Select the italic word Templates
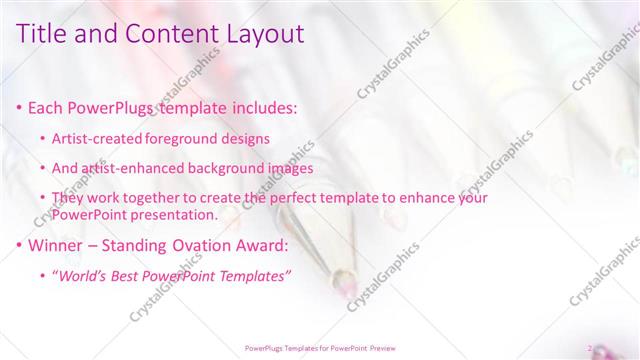click(x=255, y=276)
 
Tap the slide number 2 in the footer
click(x=590, y=348)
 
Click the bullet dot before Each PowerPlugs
click(x=21, y=106)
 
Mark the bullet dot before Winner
click(x=21, y=246)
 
